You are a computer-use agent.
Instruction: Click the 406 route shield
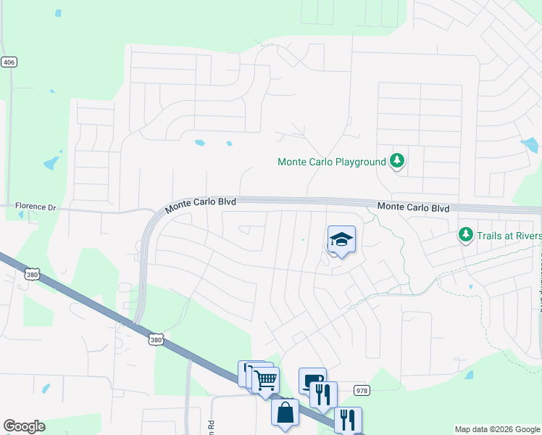point(9,62)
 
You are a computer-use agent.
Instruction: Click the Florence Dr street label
point(36,207)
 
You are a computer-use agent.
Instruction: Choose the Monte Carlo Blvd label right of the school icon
point(414,207)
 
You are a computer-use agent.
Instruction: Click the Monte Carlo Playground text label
point(332,162)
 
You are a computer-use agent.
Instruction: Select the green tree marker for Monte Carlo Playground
point(396,161)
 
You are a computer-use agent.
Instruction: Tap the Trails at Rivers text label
point(509,235)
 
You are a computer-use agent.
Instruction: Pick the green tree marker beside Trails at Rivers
point(465,235)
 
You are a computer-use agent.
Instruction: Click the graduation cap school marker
point(342,240)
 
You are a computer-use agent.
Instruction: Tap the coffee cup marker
point(311,380)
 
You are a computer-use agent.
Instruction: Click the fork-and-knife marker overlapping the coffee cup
point(323,394)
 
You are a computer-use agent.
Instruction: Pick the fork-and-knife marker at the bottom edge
point(348,420)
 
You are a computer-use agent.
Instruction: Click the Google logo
point(24,426)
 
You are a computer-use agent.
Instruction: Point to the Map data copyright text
point(496,429)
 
